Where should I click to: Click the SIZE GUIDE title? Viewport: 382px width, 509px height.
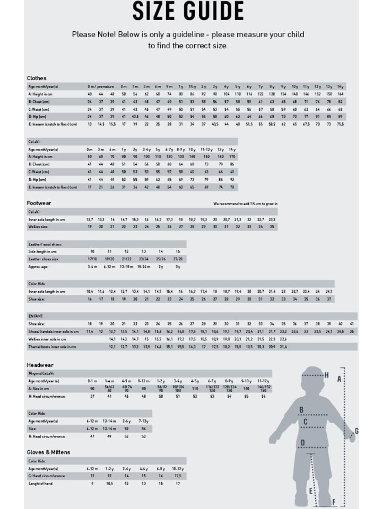(x=188, y=11)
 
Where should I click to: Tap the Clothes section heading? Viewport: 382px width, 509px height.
(x=37, y=78)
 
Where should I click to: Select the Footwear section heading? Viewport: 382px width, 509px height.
(x=39, y=203)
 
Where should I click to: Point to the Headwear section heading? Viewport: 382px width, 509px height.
(x=40, y=365)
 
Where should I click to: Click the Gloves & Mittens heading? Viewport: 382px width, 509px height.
(x=48, y=452)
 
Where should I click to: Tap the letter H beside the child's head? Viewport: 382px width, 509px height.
(x=326, y=375)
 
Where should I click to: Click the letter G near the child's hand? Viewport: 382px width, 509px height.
(x=357, y=431)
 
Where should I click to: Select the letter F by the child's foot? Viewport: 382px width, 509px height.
(x=334, y=502)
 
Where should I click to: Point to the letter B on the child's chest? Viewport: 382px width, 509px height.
(x=301, y=409)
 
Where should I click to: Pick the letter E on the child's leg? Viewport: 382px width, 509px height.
(x=311, y=491)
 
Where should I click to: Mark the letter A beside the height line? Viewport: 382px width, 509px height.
(x=340, y=380)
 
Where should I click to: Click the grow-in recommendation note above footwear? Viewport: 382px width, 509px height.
(x=245, y=204)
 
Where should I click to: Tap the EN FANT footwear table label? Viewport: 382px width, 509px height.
(x=36, y=316)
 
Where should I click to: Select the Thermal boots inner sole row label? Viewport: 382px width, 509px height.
(x=52, y=347)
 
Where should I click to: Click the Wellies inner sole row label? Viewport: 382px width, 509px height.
(x=47, y=339)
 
